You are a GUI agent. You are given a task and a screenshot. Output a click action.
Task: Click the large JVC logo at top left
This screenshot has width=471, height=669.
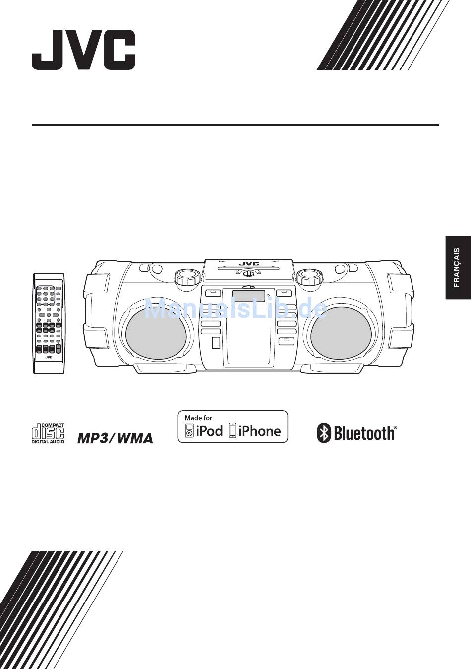83,50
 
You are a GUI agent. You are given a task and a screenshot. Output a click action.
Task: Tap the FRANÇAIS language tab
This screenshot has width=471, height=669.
458,268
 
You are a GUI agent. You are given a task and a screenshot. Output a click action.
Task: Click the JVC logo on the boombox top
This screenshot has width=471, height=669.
249,264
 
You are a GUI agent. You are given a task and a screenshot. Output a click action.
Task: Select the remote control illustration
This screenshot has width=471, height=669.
49,323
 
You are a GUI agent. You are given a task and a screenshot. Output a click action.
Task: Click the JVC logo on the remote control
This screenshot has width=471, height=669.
49,357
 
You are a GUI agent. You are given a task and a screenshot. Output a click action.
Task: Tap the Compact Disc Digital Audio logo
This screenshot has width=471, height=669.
48,433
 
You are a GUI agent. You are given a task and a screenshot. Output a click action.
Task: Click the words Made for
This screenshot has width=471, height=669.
198,418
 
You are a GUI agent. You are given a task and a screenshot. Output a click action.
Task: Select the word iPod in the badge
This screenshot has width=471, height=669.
209,431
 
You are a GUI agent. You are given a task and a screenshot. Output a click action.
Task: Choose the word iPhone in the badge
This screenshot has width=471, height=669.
259,431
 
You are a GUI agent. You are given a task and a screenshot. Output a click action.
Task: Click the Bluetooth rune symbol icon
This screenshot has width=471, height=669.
324,433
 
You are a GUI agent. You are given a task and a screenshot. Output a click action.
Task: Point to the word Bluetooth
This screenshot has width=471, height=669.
364,433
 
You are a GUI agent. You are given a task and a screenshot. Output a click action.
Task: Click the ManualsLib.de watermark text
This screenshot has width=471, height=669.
236,310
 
